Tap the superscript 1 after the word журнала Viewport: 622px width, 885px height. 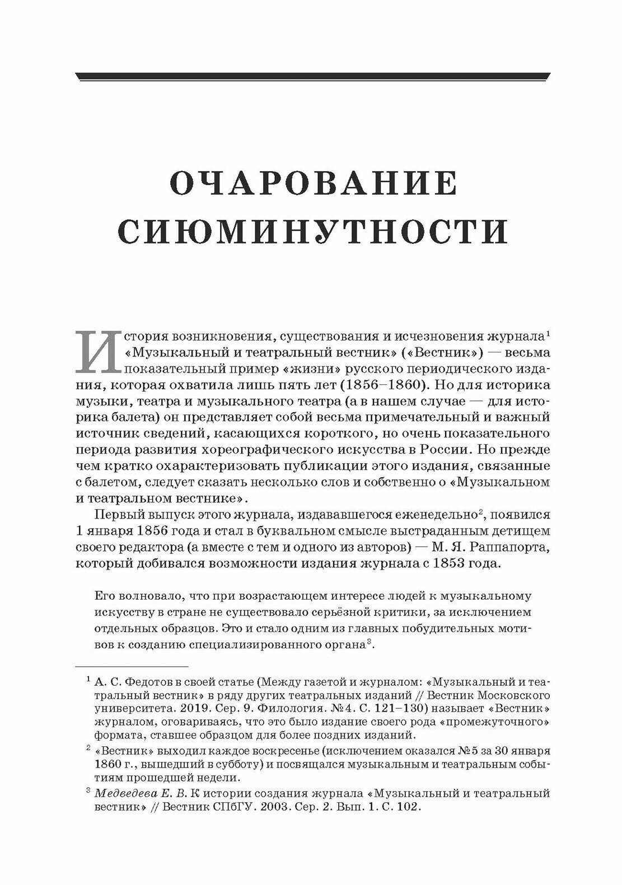pos(549,334)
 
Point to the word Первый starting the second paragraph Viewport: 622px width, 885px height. pos(116,515)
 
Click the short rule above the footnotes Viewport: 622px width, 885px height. pos(132,666)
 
